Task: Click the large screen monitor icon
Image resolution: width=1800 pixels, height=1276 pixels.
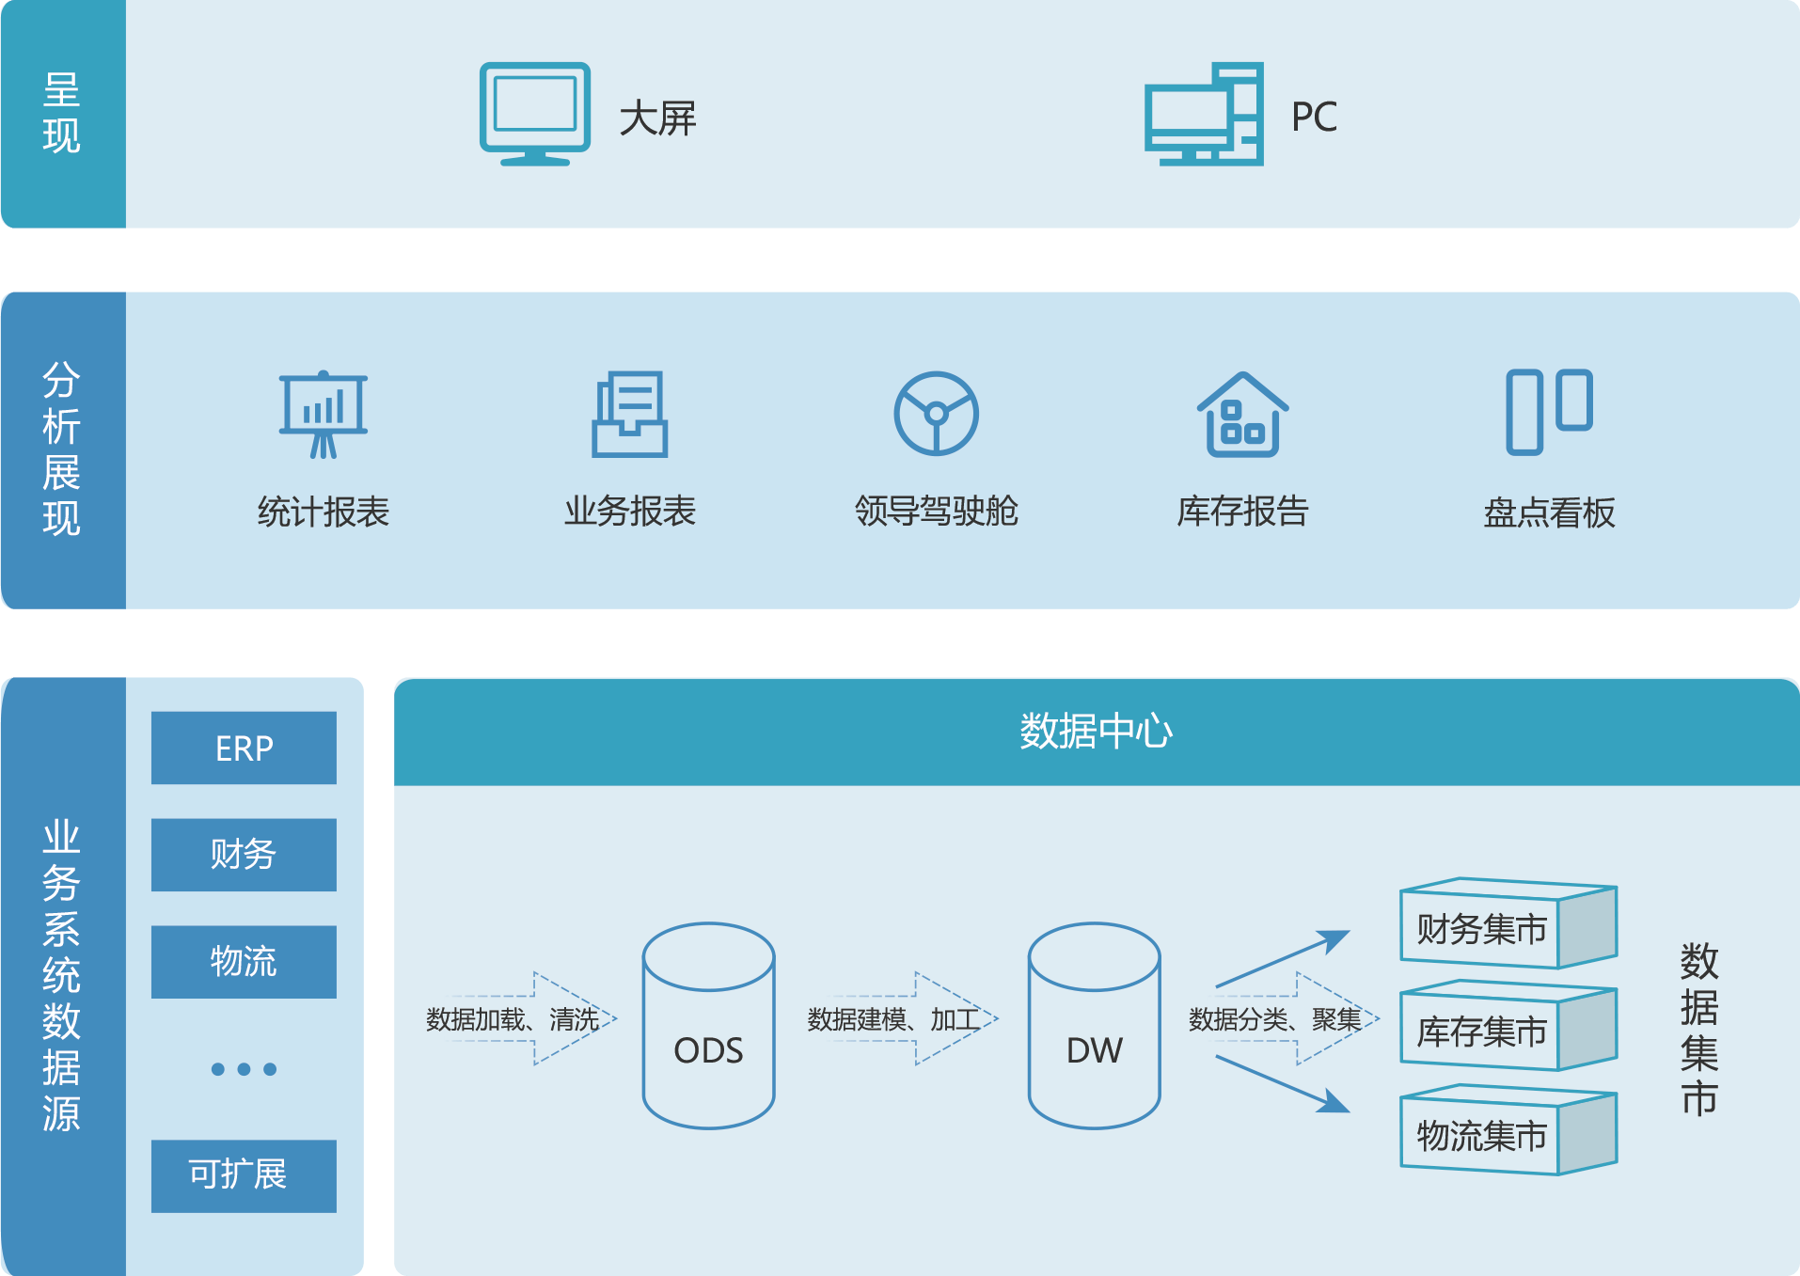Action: coord(534,113)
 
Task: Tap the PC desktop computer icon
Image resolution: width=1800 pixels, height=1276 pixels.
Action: coord(1204,115)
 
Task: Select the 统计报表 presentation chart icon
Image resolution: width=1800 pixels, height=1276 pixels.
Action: coord(324,414)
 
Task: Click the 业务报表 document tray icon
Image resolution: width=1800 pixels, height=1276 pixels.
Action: coord(629,414)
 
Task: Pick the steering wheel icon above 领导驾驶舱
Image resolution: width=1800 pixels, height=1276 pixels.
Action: coord(936,414)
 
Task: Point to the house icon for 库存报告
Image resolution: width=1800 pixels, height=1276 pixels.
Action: coord(1242,414)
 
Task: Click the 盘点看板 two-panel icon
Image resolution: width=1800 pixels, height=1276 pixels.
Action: coord(1549,412)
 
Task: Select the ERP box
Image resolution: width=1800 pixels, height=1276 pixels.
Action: coord(244,748)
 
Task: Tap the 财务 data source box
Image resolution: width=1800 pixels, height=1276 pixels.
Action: coord(244,855)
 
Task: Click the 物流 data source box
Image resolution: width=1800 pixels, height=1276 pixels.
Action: coord(244,962)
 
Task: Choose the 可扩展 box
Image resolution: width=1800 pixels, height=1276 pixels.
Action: coord(244,1175)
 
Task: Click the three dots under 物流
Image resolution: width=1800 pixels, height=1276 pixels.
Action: coord(244,1069)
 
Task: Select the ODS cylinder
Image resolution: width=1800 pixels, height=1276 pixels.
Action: coord(708,1025)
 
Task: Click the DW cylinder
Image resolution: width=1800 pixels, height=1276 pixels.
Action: coord(1094,1025)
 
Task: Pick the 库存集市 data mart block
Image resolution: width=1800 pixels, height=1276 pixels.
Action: coord(1507,1027)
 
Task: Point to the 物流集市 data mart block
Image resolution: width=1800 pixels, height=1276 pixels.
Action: coord(1507,1130)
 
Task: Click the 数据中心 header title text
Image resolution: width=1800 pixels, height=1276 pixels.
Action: coord(1096,732)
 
